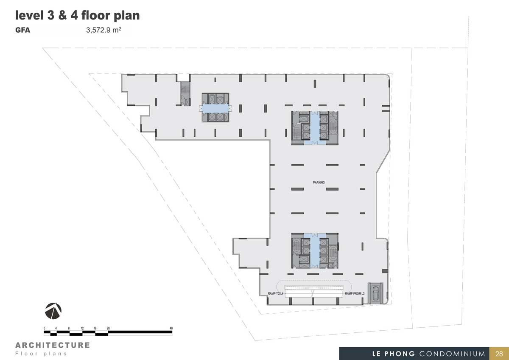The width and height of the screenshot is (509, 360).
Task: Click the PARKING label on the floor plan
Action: click(x=319, y=183)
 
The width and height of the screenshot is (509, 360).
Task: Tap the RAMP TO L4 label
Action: click(x=275, y=294)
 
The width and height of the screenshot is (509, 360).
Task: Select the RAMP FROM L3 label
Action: click(x=355, y=294)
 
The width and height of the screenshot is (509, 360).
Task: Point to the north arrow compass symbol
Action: click(x=53, y=311)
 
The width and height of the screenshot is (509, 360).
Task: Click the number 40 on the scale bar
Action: click(x=171, y=328)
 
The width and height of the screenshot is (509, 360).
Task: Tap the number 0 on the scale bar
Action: click(x=45, y=328)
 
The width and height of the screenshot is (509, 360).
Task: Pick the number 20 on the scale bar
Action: click(x=108, y=328)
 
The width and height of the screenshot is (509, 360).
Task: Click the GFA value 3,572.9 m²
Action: click(x=103, y=30)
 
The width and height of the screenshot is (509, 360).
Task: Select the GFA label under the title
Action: click(x=23, y=30)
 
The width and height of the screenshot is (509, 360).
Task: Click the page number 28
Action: click(x=499, y=354)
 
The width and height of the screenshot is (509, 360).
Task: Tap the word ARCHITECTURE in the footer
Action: click(x=53, y=345)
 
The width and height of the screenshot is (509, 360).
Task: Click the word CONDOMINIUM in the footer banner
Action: click(x=452, y=354)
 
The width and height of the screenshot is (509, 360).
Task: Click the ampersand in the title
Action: click(x=62, y=16)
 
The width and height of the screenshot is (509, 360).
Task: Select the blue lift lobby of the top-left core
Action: click(x=215, y=109)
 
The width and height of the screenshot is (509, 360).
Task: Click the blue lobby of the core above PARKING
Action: click(x=315, y=128)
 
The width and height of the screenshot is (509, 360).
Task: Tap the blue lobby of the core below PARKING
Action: click(x=315, y=250)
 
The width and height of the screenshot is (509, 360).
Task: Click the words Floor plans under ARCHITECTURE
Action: click(x=41, y=354)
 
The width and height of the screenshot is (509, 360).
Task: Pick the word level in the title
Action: click(x=29, y=15)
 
